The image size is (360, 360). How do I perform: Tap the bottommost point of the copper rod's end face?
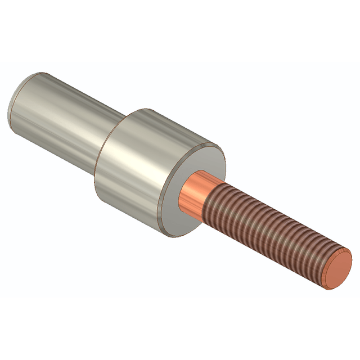click(332, 289)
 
